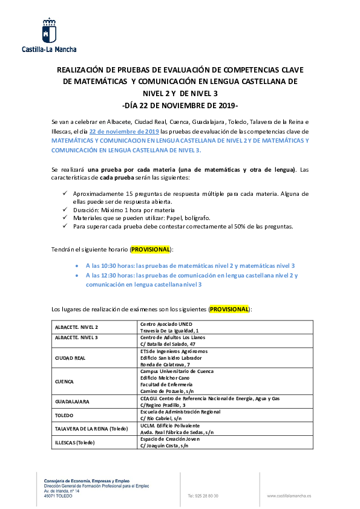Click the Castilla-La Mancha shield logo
pyautogui.click(x=50, y=30)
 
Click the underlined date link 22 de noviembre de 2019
pyautogui.click(x=124, y=131)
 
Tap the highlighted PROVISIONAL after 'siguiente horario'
pyautogui.click(x=151, y=249)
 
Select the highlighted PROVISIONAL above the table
pyautogui.click(x=229, y=309)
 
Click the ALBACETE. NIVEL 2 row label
pyautogui.click(x=76, y=327)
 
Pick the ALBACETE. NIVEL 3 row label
pyautogui.click(x=76, y=337)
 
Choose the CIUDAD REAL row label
pyautogui.click(x=70, y=358)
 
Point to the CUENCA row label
pyautogui.click(x=64, y=381)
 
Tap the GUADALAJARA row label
pyautogui.click(x=72, y=401)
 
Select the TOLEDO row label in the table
pyautogui.click(x=64, y=415)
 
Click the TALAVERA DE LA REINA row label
pyautogui.click(x=91, y=429)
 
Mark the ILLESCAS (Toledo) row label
pyautogui.click(x=75, y=443)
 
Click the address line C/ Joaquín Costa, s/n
pyautogui.click(x=165, y=446)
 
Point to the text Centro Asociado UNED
pyautogui.click(x=166, y=324)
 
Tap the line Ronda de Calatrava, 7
pyautogui.click(x=165, y=365)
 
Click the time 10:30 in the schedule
pyautogui.click(x=108, y=265)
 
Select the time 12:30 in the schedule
pyautogui.click(x=108, y=275)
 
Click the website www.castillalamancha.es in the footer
pyautogui.click(x=289, y=496)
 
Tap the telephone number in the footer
pyautogui.click(x=203, y=496)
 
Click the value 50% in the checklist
pyautogui.click(x=240, y=227)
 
